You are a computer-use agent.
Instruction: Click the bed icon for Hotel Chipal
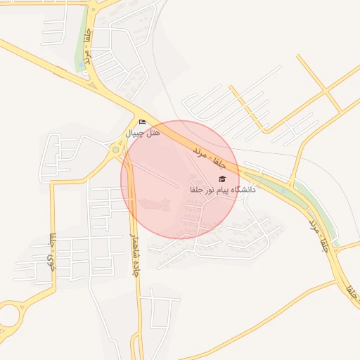coord(143,122)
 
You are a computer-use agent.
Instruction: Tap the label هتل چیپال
coord(143,133)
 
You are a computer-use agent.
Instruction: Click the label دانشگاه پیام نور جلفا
coord(222,190)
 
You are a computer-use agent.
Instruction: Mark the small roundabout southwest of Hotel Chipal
coord(115,149)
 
